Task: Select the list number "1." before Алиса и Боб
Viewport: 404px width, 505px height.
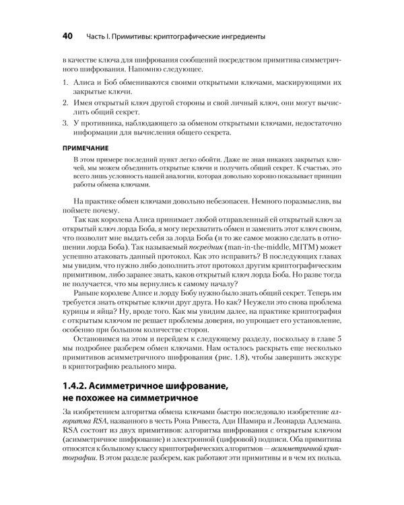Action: tap(65, 81)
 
